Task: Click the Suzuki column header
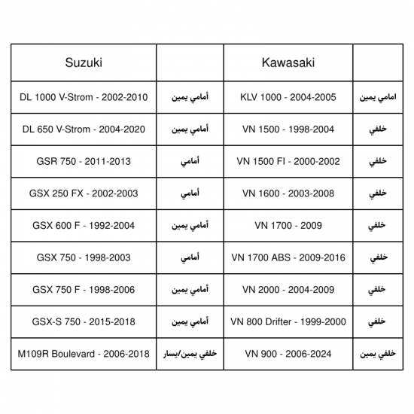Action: coord(83,62)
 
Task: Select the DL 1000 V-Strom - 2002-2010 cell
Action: coord(83,98)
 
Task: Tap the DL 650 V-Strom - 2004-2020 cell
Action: coord(83,130)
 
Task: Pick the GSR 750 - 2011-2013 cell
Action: coord(83,162)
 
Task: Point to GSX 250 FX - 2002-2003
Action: coord(83,193)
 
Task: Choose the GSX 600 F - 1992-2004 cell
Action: coord(83,226)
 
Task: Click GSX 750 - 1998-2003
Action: coord(83,257)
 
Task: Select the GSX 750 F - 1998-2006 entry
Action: coord(83,290)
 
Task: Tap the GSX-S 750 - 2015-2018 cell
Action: coord(83,321)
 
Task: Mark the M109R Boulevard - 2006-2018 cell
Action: coord(83,353)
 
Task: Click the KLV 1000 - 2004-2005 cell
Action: coord(288,98)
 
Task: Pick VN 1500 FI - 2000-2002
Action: coord(288,162)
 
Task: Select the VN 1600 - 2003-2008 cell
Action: coord(288,193)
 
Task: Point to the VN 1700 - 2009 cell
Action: coord(288,226)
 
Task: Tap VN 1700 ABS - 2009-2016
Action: coord(288,257)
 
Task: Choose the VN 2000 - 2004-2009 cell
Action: coord(288,290)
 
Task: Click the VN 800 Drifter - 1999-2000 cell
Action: coord(288,321)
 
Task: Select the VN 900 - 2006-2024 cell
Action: coord(288,353)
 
